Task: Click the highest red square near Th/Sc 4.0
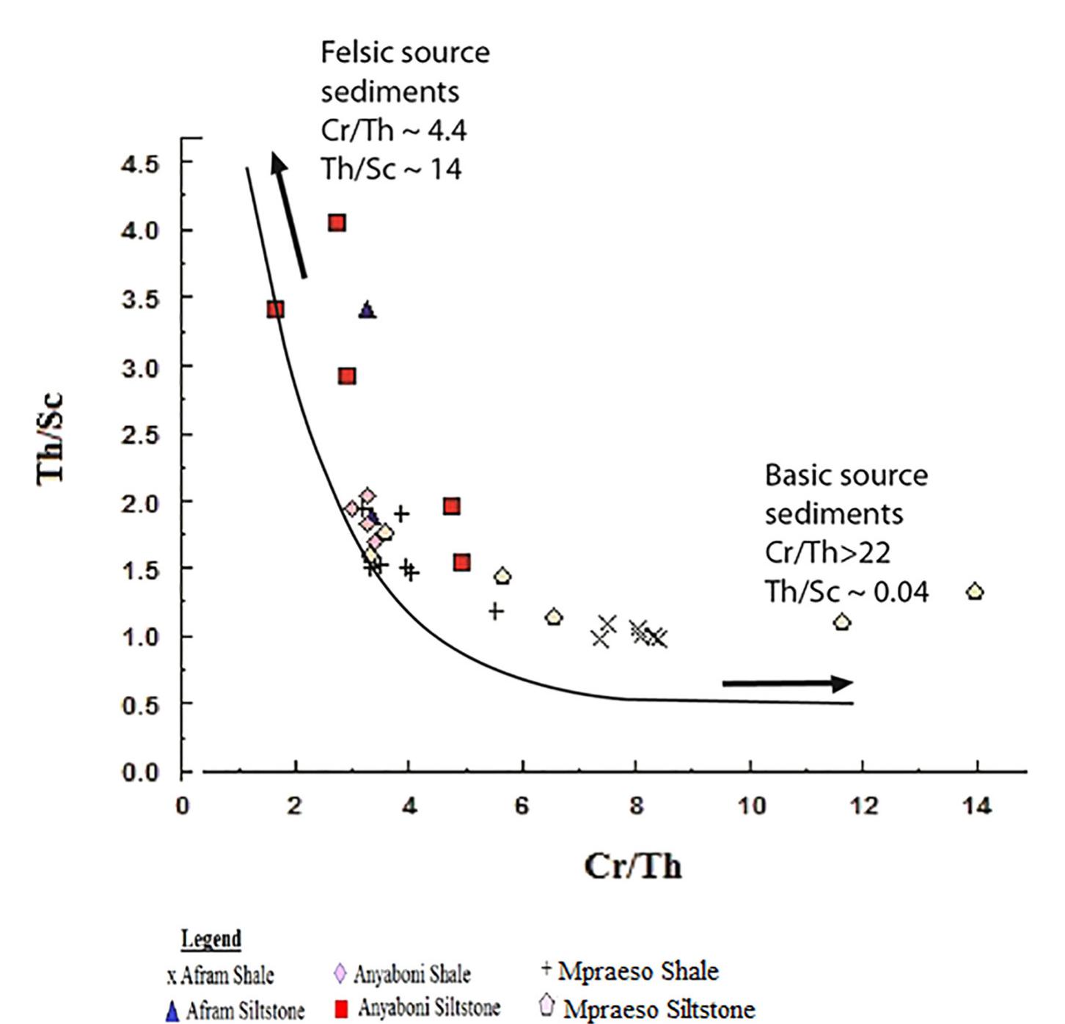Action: [337, 223]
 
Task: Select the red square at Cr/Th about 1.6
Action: [275, 310]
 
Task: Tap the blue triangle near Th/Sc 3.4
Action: [367, 310]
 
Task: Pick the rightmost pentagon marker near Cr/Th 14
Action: [975, 591]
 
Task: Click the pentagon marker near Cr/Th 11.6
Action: [842, 622]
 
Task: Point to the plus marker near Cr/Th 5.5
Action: [496, 610]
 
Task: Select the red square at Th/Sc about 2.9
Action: [348, 376]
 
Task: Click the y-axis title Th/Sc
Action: [51, 439]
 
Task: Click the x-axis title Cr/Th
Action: [633, 866]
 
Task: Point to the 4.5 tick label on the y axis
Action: [140, 164]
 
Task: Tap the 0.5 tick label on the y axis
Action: [140, 705]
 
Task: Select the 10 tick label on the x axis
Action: [750, 806]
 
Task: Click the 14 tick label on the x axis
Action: [977, 806]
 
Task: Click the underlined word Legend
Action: [211, 939]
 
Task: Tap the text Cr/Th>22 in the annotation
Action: [827, 552]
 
